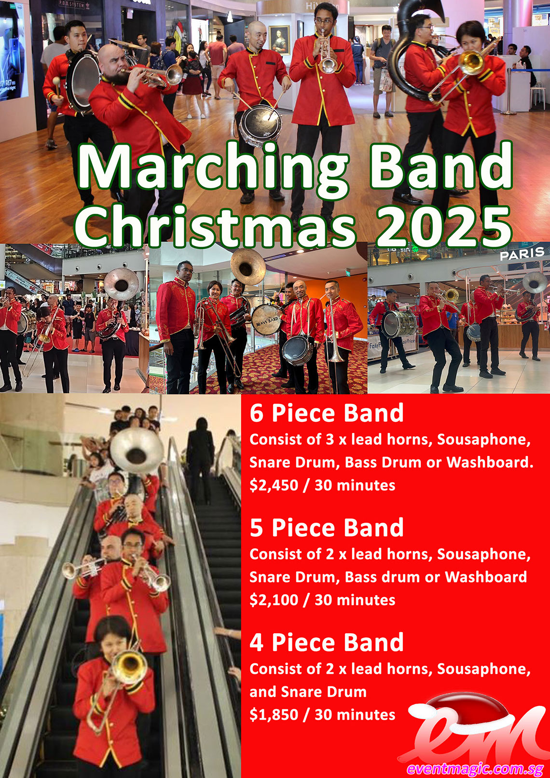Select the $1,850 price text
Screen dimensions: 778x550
[x=274, y=715]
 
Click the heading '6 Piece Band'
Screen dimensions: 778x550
[x=327, y=413]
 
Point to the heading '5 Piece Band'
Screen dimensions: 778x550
[x=327, y=528]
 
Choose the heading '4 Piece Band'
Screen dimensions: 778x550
[x=327, y=643]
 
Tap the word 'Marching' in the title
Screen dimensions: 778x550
[x=212, y=169]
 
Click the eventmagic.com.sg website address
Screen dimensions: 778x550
[x=475, y=769]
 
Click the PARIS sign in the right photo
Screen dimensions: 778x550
[x=522, y=254]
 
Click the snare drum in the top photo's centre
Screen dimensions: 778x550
[x=260, y=125]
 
